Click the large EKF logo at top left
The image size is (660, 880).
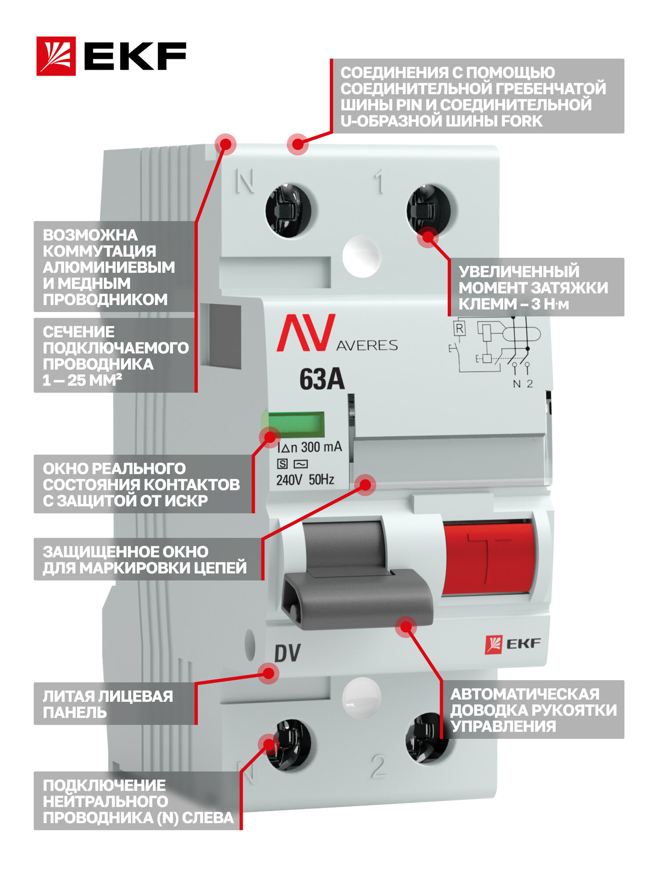tap(111, 56)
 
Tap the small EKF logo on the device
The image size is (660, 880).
tap(513, 644)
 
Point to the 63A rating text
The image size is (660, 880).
tap(322, 379)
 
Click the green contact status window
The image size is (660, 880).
tap(296, 425)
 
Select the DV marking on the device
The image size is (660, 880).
tap(287, 653)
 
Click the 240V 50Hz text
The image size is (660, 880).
tap(305, 480)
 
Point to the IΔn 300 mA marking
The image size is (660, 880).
tap(309, 447)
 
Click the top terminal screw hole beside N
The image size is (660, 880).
tap(288, 210)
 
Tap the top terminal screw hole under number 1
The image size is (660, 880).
tap(429, 209)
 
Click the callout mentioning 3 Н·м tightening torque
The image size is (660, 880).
tap(536, 287)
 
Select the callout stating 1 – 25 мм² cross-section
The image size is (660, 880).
tap(114, 356)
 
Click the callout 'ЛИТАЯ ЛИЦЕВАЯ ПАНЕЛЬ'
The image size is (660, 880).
tap(114, 704)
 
